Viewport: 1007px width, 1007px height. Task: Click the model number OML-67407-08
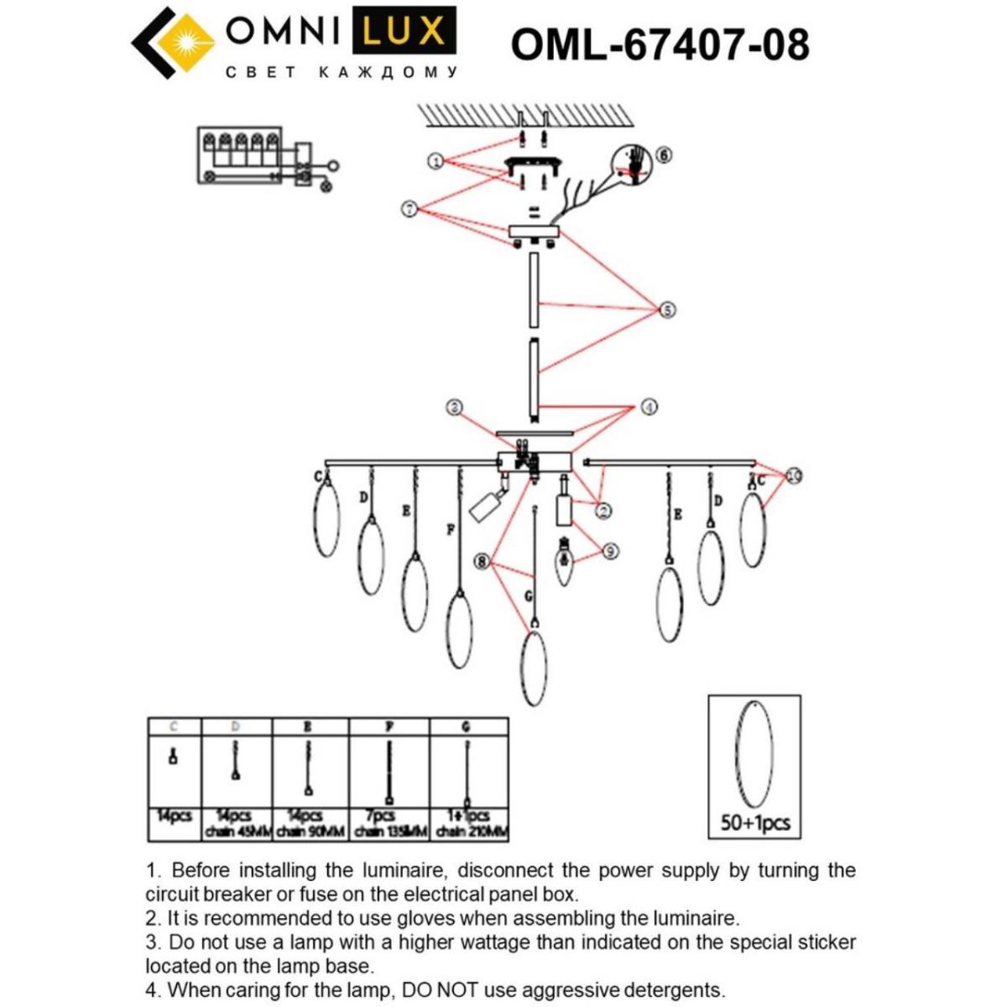pyautogui.click(x=660, y=44)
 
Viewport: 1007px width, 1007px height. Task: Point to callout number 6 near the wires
pyautogui.click(x=664, y=154)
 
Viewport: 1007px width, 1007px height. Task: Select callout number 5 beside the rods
pyautogui.click(x=666, y=310)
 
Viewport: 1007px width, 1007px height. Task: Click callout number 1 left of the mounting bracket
pyautogui.click(x=435, y=160)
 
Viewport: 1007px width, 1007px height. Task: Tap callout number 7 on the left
pyautogui.click(x=410, y=208)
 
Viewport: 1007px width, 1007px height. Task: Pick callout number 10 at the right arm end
pyautogui.click(x=793, y=476)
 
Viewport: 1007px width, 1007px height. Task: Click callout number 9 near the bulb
pyautogui.click(x=610, y=550)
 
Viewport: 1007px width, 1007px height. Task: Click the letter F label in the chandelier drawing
pyautogui.click(x=451, y=530)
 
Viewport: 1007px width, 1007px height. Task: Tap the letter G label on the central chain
pyautogui.click(x=528, y=596)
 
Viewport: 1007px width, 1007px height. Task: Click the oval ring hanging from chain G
pyautogui.click(x=534, y=669)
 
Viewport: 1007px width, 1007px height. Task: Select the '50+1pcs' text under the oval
pyautogui.click(x=754, y=822)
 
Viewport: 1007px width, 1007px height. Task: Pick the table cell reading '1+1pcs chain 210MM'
pyautogui.click(x=469, y=823)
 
